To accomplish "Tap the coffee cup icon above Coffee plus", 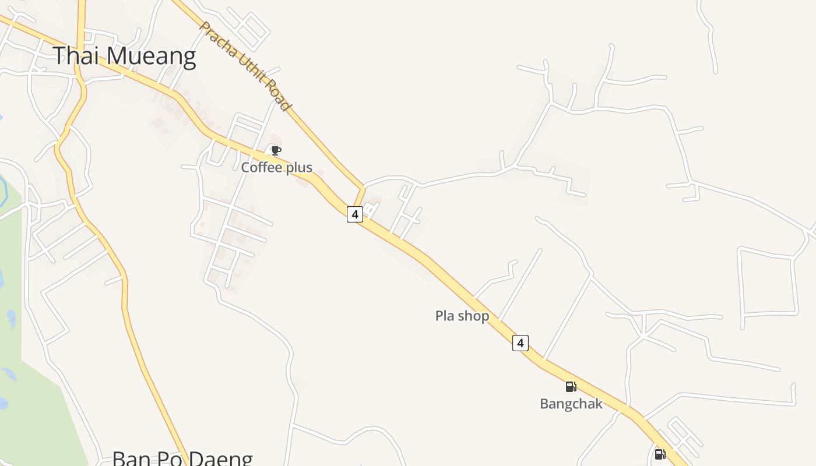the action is tap(276, 151).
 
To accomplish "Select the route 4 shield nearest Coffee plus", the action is tap(354, 214).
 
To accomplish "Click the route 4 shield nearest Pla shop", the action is tap(520, 343).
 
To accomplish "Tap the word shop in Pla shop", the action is tap(473, 316).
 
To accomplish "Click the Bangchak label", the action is tap(571, 404).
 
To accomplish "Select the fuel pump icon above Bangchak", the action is tap(571, 386).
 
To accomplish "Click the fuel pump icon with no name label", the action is tap(660, 454).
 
